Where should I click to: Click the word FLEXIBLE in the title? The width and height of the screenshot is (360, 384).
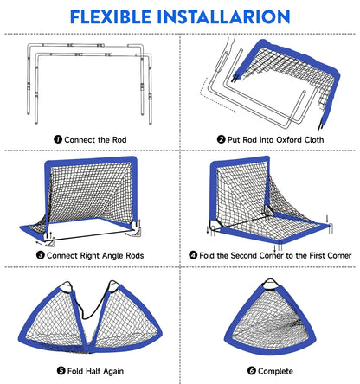click(111, 16)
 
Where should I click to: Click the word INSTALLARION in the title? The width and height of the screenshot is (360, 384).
click(223, 16)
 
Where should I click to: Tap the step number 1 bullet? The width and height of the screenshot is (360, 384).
click(58, 139)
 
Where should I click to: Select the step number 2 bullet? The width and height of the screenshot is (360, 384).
click(221, 139)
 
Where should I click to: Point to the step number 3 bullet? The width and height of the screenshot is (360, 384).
click(41, 255)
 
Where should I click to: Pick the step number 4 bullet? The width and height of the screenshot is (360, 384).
click(193, 255)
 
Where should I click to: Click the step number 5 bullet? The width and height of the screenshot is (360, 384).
click(61, 370)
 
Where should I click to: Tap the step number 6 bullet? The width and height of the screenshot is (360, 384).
click(252, 370)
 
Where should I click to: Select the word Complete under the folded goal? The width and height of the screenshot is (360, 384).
click(275, 371)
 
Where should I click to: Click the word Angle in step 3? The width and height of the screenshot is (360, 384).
click(113, 256)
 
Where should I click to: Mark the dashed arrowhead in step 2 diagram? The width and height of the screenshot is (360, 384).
click(235, 111)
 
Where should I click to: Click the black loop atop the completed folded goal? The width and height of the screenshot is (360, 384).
click(270, 284)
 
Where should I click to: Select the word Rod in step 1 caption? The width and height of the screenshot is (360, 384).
click(119, 140)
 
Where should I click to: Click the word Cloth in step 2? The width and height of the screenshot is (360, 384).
click(314, 140)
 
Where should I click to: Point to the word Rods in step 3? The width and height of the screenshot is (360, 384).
click(136, 255)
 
